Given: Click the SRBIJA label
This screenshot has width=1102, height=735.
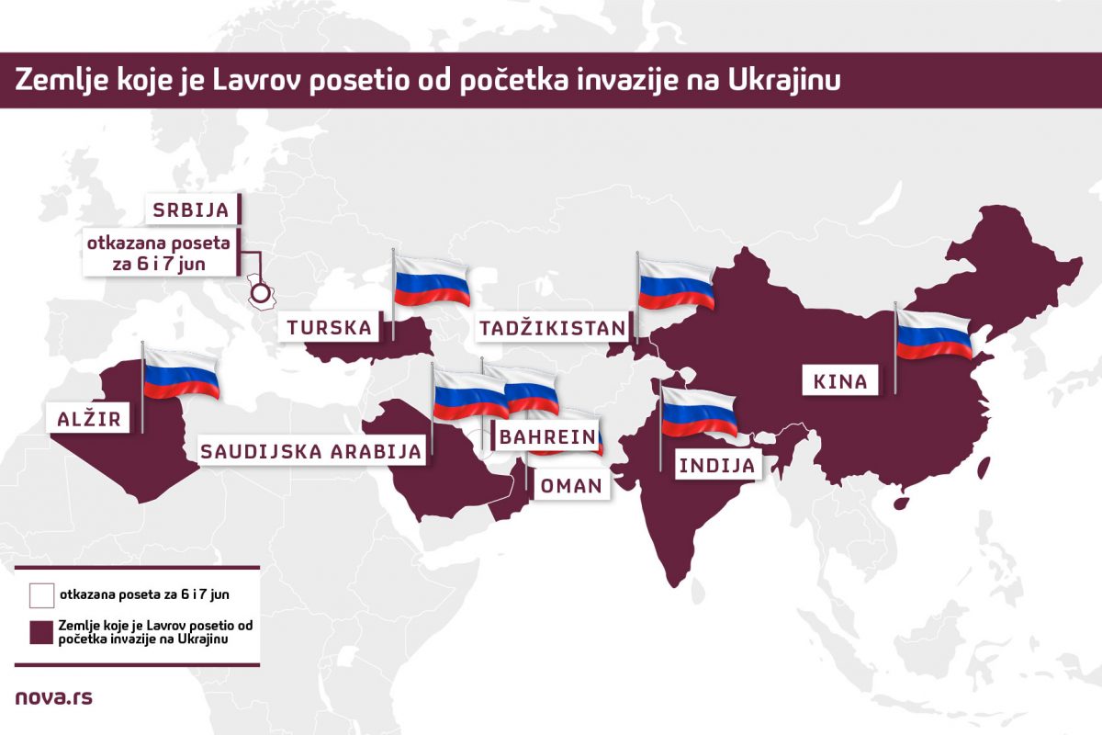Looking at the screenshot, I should pyautogui.click(x=192, y=209).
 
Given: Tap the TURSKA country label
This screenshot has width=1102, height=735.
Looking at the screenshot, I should pyautogui.click(x=329, y=327).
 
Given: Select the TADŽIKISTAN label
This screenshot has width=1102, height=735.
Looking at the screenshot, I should pyautogui.click(x=553, y=328).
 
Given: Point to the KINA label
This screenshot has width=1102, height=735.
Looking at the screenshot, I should pyautogui.click(x=839, y=381).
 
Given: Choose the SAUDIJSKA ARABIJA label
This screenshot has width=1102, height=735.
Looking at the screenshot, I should pyautogui.click(x=312, y=451).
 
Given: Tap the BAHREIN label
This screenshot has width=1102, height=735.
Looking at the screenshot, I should pyautogui.click(x=548, y=436).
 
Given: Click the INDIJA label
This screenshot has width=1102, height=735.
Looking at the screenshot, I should pyautogui.click(x=717, y=466).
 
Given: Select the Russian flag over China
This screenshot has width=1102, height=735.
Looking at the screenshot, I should pyautogui.click(x=934, y=335).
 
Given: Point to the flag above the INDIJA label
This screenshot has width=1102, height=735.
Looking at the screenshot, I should pyautogui.click(x=700, y=413).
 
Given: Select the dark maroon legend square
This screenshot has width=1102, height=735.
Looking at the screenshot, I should pyautogui.click(x=41, y=633).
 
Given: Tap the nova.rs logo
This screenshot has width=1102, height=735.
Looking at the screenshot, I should pyautogui.click(x=54, y=697).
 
